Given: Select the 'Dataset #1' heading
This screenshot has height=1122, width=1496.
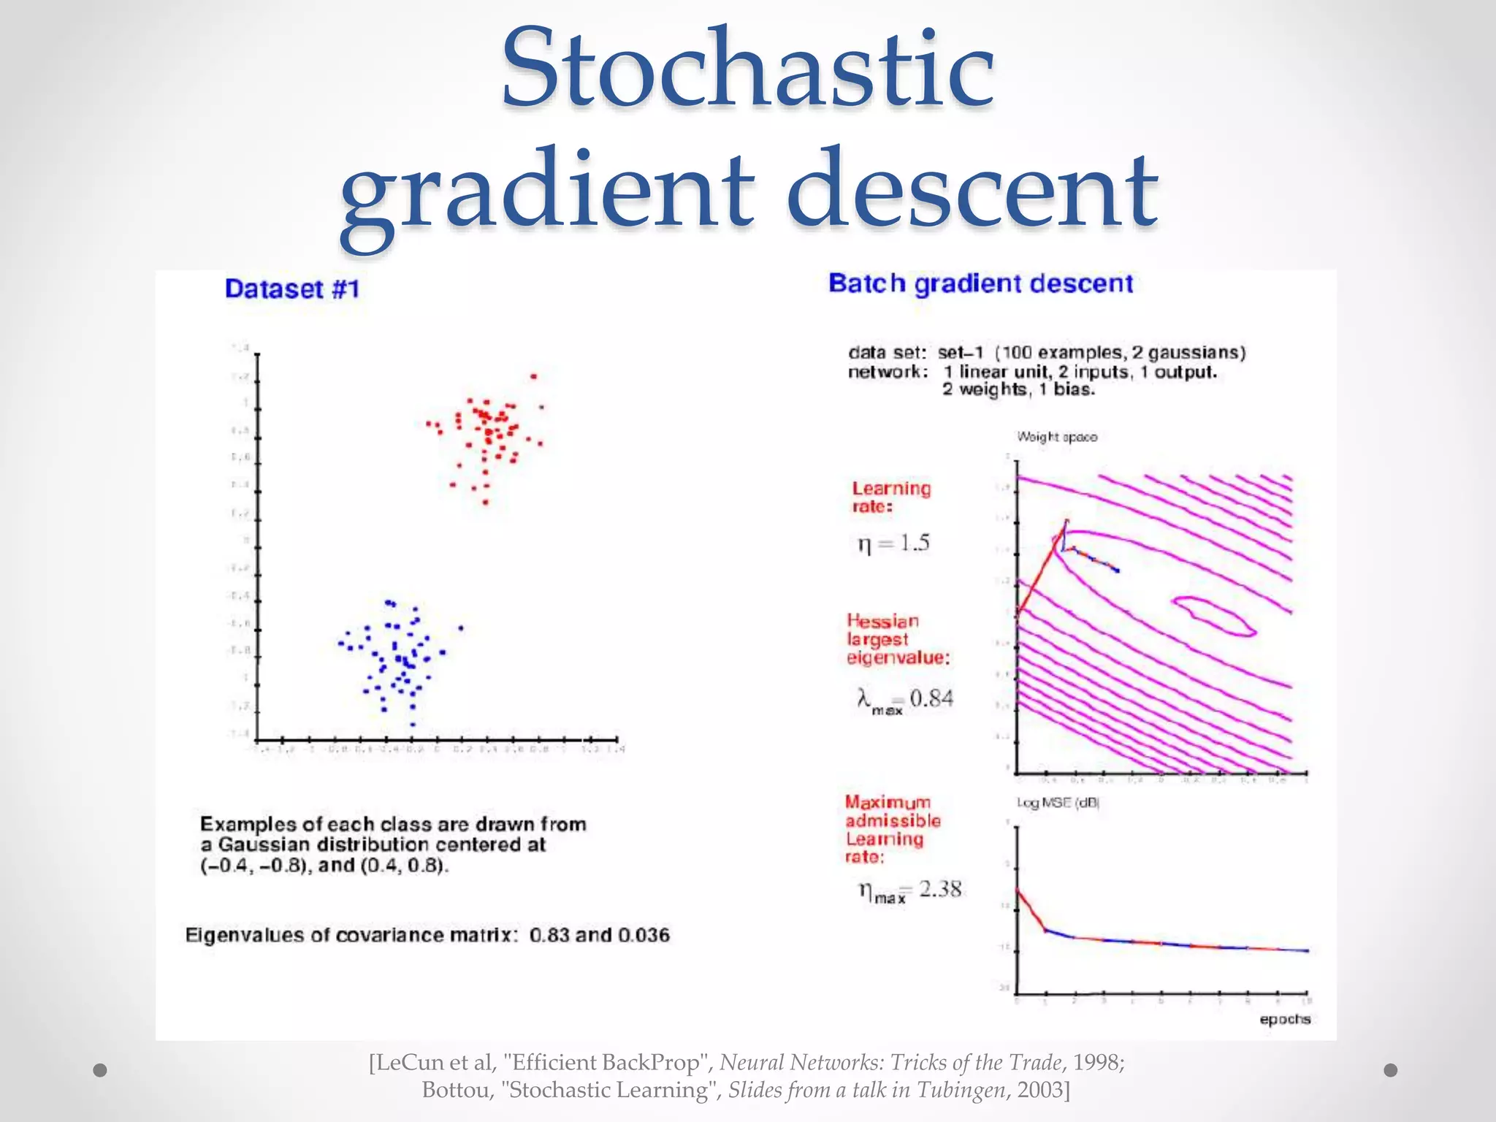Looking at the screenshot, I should tap(292, 289).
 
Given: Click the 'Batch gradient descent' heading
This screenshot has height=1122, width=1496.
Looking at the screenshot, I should tap(980, 283).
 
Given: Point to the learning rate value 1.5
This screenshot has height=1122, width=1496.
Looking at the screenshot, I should tap(914, 543).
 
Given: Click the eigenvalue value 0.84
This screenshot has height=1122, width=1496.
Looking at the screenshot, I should tap(931, 698).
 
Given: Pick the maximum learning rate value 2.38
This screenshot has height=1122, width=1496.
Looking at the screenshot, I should tap(940, 889).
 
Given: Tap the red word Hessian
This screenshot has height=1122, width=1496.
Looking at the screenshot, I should tap(882, 621).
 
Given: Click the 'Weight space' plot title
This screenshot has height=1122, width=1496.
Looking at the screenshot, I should tap(1057, 437).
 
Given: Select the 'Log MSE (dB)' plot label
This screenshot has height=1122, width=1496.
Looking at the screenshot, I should tap(1058, 803).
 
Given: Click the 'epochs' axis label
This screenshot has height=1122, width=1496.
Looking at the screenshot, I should tap(1285, 1019).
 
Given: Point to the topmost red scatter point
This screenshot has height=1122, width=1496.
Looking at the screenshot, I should tap(533, 377).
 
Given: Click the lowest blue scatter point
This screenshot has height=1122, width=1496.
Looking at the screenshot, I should tap(413, 725).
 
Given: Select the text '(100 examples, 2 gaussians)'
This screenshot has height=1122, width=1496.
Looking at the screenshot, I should tap(1120, 353).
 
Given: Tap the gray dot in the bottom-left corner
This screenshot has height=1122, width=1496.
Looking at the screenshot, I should tap(101, 1070).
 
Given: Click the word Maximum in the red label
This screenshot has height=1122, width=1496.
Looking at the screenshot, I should tap(888, 802).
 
